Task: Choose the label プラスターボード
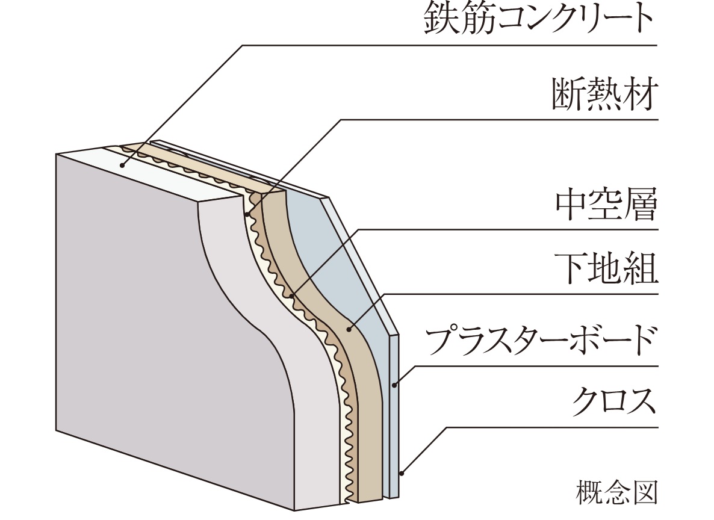[x=539, y=341]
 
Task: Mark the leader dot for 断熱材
[x=247, y=214]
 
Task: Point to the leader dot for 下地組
[x=350, y=329]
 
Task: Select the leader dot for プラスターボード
[x=394, y=385]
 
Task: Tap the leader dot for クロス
[x=402, y=472]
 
